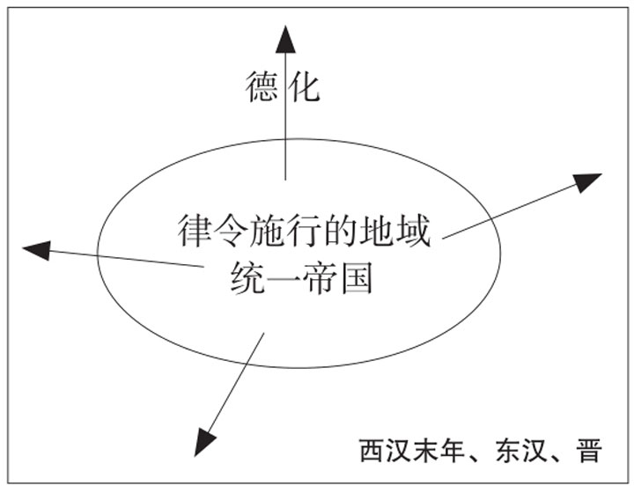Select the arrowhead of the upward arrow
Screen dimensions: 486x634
pos(284,40)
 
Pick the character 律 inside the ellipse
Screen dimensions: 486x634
pos(195,232)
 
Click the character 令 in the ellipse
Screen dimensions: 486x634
pos(232,232)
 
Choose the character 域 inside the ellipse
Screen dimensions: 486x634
pos(412,232)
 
